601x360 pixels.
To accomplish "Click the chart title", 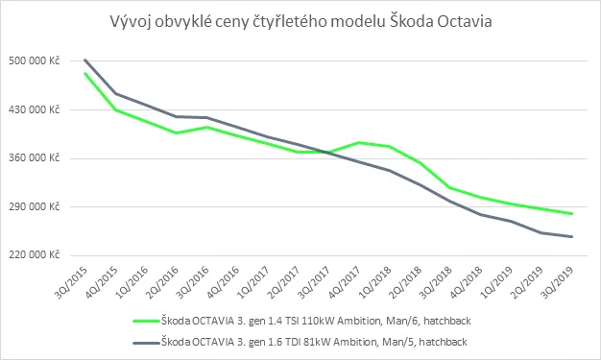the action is [300, 22].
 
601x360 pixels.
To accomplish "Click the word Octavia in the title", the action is [465, 21].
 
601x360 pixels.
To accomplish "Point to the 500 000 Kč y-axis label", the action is [35, 60].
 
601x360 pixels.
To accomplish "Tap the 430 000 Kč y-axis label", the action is [35, 109].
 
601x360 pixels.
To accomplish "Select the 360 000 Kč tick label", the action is [35, 158].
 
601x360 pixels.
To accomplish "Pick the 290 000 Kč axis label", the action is [35, 206].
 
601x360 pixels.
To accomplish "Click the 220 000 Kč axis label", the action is [35, 255].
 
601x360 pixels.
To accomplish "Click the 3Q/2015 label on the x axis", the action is [71, 282].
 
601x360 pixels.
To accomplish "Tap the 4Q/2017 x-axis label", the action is [345, 282].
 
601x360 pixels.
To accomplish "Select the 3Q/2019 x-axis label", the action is [557, 282].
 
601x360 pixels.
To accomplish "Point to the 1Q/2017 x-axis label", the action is [253, 282].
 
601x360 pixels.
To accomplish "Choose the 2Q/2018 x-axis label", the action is [405, 282].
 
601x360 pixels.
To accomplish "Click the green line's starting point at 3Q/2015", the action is [85, 73].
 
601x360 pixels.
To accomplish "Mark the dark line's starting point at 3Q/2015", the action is [85, 60].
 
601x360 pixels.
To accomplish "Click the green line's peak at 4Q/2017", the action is [359, 143].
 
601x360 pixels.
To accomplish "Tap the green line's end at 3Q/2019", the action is [571, 213].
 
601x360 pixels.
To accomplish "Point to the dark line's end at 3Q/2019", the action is [571, 236].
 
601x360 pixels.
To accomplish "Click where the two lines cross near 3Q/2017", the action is [327, 153].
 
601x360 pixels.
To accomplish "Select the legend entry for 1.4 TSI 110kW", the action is [302, 321].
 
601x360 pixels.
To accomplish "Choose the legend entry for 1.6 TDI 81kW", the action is [300, 342].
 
